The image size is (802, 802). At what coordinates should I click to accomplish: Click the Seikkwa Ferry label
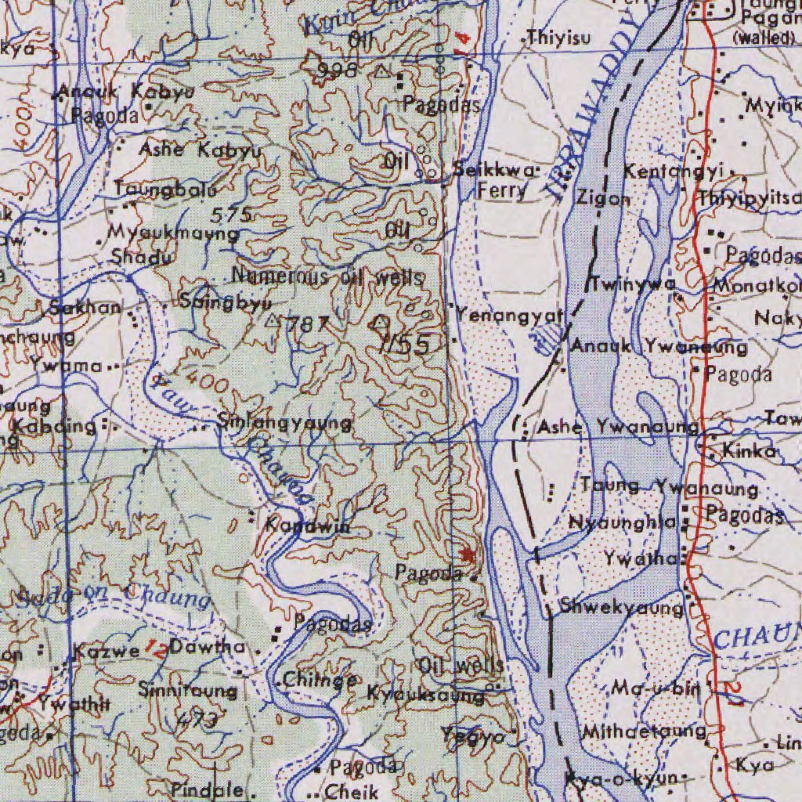tap(496, 180)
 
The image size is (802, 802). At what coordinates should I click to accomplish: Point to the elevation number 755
tap(405, 344)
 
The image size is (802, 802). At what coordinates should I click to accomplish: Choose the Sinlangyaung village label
tap(285, 423)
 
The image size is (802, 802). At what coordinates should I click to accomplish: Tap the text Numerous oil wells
tap(328, 277)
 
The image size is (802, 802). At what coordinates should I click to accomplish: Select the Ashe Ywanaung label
tap(618, 427)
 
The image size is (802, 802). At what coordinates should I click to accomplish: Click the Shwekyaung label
tap(622, 607)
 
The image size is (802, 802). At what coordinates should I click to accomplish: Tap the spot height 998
tap(338, 71)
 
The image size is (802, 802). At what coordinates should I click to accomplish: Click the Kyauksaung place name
tap(425, 694)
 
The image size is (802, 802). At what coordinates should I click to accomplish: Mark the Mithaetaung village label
tap(644, 732)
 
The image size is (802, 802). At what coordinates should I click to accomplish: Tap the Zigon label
tap(603, 199)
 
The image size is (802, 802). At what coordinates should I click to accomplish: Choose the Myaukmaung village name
tap(173, 233)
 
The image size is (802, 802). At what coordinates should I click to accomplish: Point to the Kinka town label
tap(749, 452)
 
